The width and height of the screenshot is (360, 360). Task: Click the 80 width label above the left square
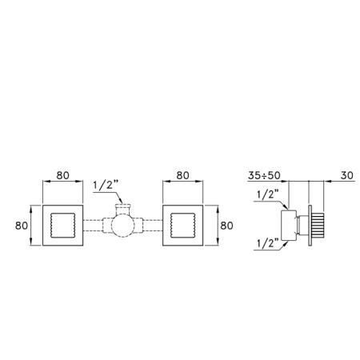click(x=63, y=175)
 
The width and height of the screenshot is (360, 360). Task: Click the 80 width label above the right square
click(x=183, y=175)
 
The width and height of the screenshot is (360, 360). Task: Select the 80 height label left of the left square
click(x=22, y=226)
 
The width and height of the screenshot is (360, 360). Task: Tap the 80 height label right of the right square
click(x=226, y=226)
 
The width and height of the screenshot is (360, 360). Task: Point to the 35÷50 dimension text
click(x=264, y=175)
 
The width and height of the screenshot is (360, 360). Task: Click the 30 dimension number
click(x=347, y=175)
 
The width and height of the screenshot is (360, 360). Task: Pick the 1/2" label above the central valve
click(x=106, y=185)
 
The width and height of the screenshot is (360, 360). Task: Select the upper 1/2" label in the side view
click(x=268, y=194)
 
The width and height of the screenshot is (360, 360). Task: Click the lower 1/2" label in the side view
click(x=268, y=243)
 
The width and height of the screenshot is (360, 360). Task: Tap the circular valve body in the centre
click(x=122, y=226)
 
